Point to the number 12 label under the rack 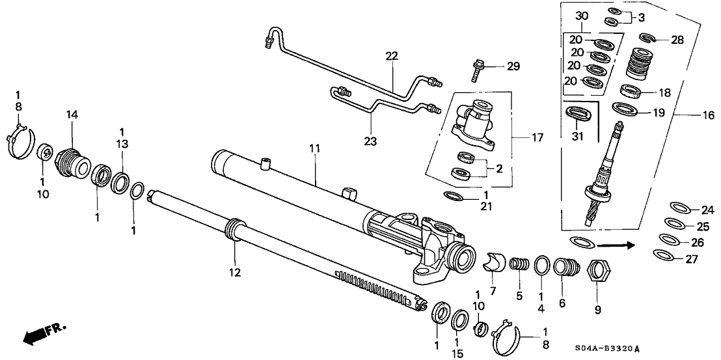(234, 272)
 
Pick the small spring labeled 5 (519, 266)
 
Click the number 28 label (677, 40)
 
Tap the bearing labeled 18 (631, 89)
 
